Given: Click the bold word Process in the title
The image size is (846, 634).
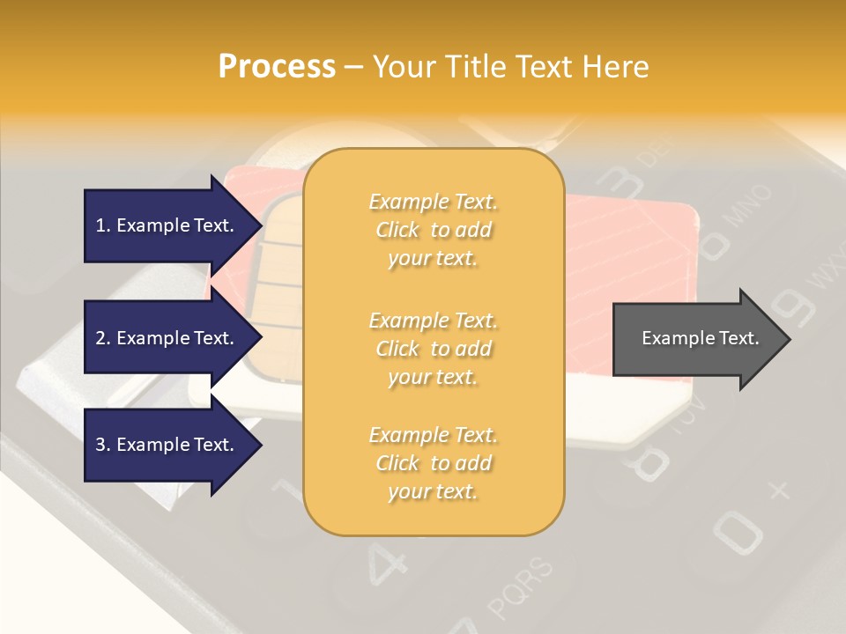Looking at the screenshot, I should pyautogui.click(x=277, y=67).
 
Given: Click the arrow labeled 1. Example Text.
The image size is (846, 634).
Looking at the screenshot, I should pyautogui.click(x=165, y=225).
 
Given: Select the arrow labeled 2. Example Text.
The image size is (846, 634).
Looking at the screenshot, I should pyautogui.click(x=165, y=338).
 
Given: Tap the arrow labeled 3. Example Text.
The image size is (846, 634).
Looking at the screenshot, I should pyautogui.click(x=165, y=445).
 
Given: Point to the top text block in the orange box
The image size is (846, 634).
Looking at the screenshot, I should pyautogui.click(x=433, y=230).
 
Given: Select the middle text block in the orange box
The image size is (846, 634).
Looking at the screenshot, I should pyautogui.click(x=433, y=349).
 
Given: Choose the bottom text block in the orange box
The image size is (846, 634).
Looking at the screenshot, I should pyautogui.click(x=433, y=463).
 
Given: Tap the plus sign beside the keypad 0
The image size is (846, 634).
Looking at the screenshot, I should pyautogui.click(x=779, y=490).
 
